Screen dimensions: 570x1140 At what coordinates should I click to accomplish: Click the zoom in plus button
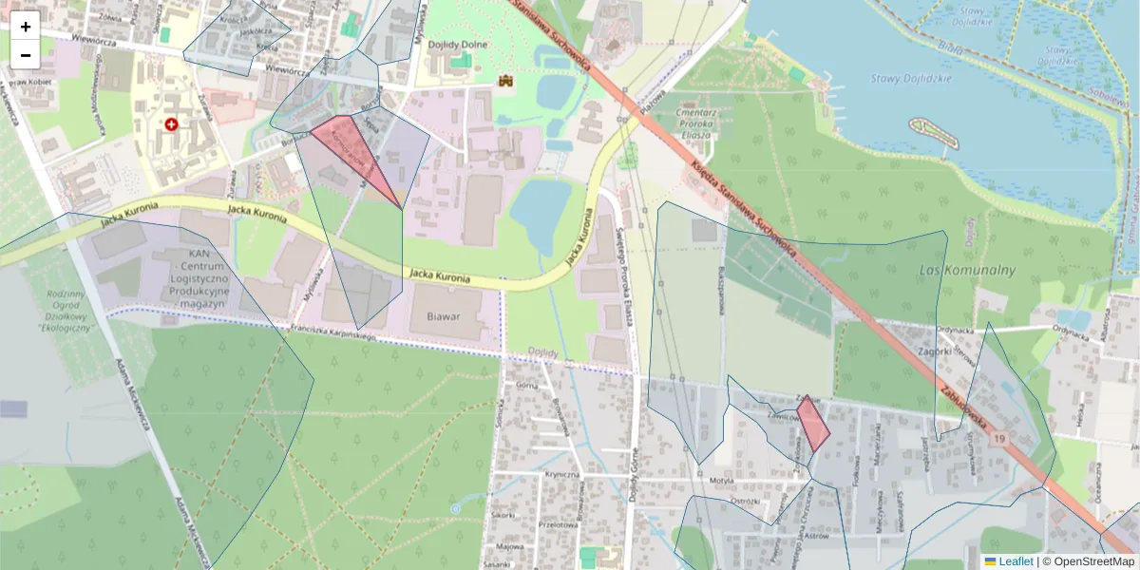26,27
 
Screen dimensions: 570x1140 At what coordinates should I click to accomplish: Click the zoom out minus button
26,55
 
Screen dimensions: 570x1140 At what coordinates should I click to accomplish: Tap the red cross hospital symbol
171,124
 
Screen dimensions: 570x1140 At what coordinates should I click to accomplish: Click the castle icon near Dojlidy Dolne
506,83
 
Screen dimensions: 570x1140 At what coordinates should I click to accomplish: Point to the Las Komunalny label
967,270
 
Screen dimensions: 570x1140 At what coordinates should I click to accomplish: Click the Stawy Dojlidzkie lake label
910,78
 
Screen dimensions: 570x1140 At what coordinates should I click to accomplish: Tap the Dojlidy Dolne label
460,42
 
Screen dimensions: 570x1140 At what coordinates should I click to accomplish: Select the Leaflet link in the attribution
1015,561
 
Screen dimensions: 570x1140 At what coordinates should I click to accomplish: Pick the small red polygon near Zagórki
812,424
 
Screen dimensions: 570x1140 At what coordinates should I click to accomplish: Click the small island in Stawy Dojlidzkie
935,132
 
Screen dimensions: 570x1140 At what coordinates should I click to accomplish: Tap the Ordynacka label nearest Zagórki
955,331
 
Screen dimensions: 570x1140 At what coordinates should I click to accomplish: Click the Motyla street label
722,481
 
